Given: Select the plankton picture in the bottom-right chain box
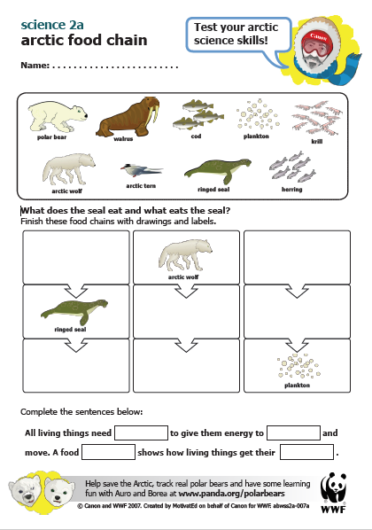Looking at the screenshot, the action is tap(293, 366).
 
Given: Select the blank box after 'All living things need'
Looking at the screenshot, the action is tap(141, 433).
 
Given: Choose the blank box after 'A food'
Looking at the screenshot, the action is tap(107, 452).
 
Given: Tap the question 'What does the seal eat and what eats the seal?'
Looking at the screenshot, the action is tap(126, 210).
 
